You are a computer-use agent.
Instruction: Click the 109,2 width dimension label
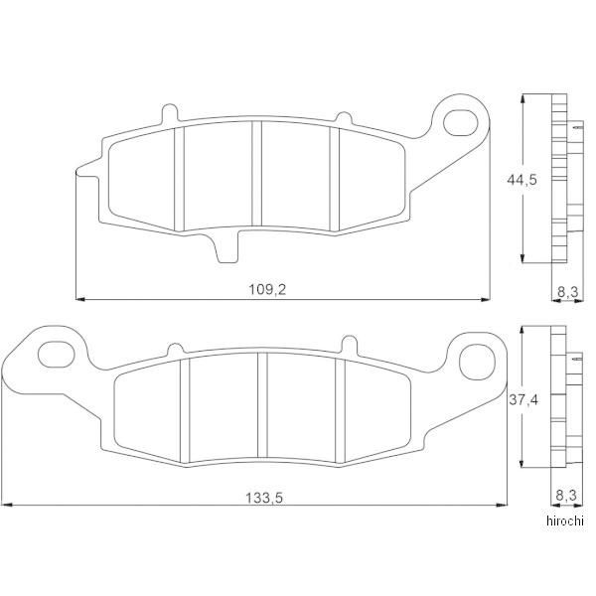(267, 290)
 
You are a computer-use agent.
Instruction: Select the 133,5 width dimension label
(264, 498)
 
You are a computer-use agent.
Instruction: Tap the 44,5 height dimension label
(521, 180)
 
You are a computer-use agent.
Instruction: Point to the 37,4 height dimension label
(523, 400)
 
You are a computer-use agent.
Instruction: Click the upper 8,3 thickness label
(568, 292)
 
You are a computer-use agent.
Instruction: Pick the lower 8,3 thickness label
(566, 496)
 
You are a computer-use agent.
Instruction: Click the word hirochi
(565, 521)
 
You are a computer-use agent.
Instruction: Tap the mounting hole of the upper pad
(460, 123)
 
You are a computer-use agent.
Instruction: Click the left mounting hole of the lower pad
(57, 355)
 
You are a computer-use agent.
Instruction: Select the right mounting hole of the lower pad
(478, 362)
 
